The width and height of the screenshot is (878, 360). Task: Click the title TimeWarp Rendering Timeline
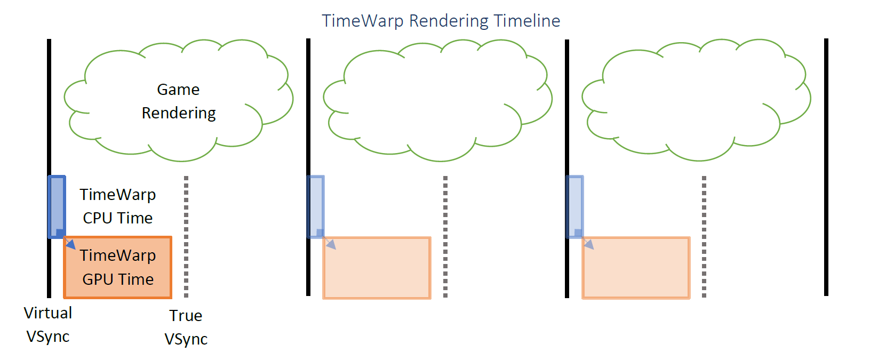[441, 21]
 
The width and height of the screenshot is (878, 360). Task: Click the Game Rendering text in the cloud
[178, 101]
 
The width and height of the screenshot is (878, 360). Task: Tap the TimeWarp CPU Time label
[118, 206]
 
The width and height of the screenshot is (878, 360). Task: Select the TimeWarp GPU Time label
[118, 267]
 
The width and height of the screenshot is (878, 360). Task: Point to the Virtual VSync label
[48, 324]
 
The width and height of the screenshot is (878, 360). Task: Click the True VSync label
[186, 327]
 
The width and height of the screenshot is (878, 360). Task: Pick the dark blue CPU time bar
[57, 205]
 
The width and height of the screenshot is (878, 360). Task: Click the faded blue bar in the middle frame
[316, 205]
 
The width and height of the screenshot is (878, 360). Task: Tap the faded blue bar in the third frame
[574, 205]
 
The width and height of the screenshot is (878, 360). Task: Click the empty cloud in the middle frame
[437, 99]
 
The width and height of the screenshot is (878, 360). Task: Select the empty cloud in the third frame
[696, 99]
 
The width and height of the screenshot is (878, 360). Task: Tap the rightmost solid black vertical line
[826, 167]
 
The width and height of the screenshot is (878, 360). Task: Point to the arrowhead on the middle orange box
[331, 245]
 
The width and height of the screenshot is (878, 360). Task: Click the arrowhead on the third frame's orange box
[589, 245]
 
